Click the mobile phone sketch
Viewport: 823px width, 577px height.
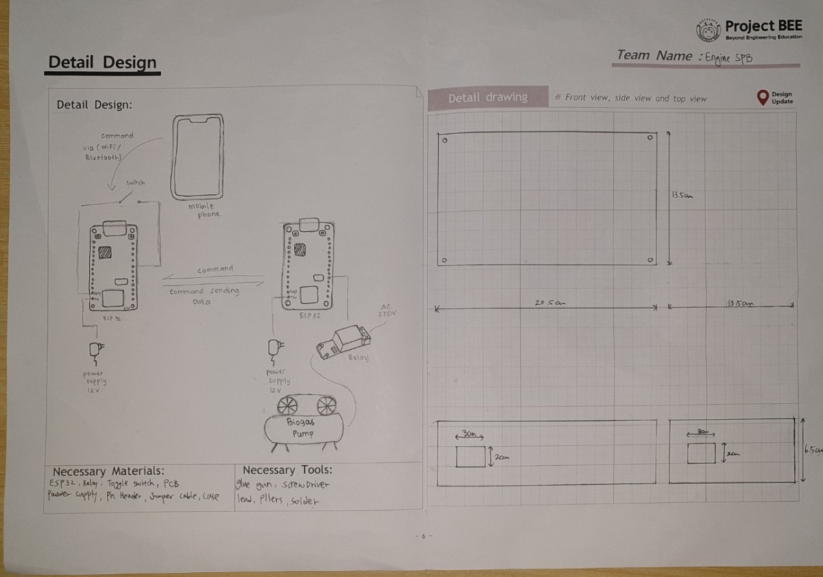(198, 156)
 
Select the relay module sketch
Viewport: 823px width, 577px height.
(343, 342)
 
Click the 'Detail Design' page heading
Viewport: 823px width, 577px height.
(103, 62)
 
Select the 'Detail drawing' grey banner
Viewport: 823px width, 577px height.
(488, 98)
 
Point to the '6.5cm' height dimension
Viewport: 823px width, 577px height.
(813, 450)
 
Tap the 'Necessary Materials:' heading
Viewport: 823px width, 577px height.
(108, 471)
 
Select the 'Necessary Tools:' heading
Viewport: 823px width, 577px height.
(287, 470)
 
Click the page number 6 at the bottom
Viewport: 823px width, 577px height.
(423, 536)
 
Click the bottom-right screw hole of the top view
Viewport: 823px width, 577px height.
(649, 261)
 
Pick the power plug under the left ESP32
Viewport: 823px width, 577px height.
(94, 351)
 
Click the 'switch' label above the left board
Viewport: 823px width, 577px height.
(135, 183)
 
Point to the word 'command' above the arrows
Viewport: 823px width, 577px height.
(215, 269)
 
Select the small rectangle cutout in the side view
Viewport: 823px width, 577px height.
(701, 453)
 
